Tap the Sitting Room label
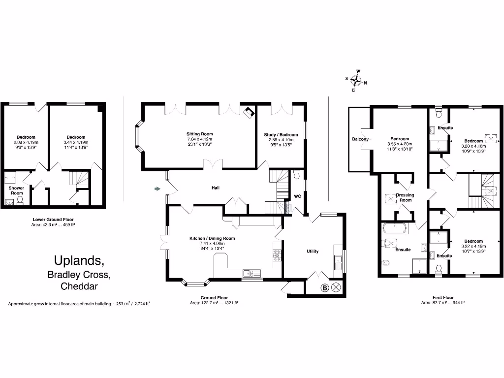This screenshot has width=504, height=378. click(199, 134)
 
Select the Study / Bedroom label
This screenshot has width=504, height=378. click(281, 134)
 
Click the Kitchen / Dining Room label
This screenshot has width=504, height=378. click(212, 238)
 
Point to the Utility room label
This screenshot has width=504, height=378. click(313, 251)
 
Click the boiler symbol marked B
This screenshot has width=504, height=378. click(324, 288)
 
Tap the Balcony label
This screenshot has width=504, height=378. click(360, 139)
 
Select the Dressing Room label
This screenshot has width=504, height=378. click(406, 198)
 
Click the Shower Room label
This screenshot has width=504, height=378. click(17, 190)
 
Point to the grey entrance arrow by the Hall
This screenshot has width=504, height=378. click(158, 189)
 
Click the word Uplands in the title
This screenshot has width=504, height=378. click(78, 260)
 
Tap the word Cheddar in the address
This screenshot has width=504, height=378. click(79, 286)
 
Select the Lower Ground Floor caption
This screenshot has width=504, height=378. click(53, 220)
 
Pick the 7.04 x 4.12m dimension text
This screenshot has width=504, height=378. click(199, 139)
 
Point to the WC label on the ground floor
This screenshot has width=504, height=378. click(297, 196)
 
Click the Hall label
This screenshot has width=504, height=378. click(215, 188)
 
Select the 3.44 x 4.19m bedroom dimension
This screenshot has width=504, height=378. click(76, 142)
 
